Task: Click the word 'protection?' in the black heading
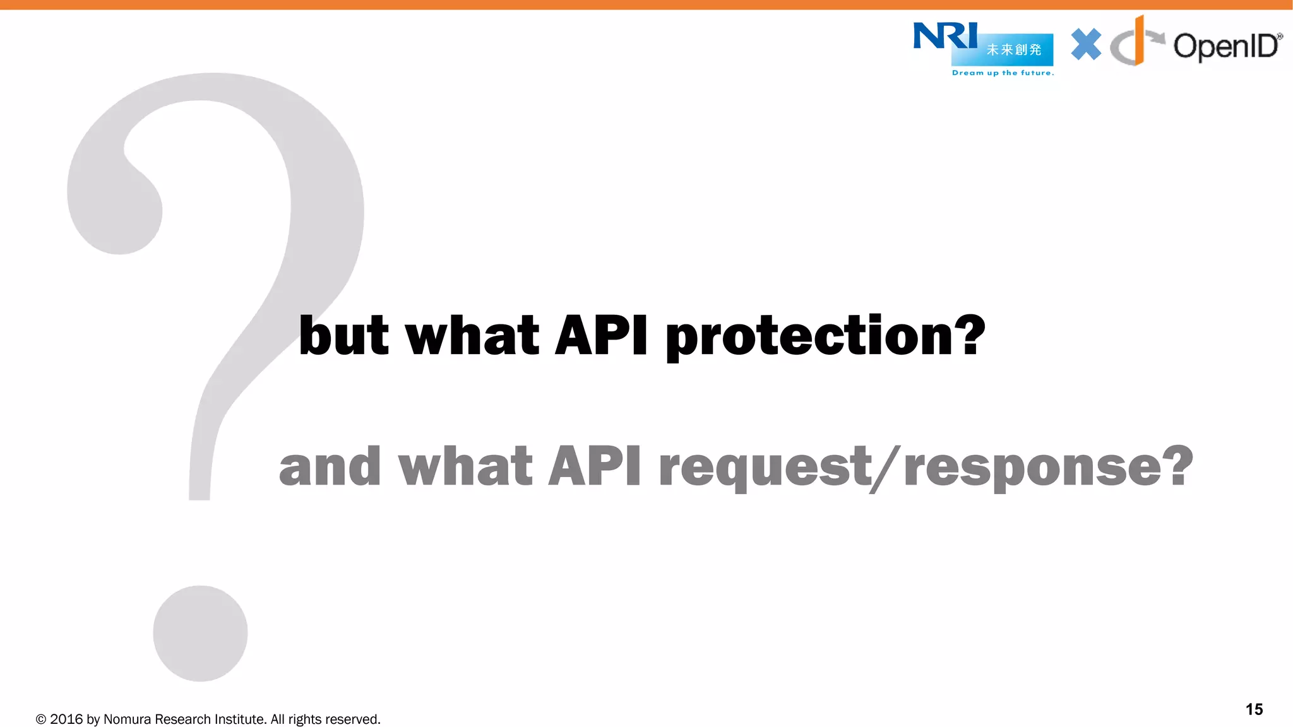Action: point(825,336)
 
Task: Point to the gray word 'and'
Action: point(330,466)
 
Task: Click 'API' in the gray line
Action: point(594,466)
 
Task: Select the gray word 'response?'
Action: point(1048,468)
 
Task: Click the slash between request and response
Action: point(886,468)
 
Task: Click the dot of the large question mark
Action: point(200,633)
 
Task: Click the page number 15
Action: point(1254,709)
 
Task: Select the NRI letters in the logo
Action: point(944,36)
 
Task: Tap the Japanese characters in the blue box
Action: point(1014,50)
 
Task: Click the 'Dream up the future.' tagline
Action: point(1003,73)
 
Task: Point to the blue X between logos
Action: point(1086,45)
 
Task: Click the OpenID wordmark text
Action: point(1225,46)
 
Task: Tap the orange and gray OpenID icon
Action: point(1135,42)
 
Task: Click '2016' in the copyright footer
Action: point(66,719)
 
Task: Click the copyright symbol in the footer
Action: point(41,719)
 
